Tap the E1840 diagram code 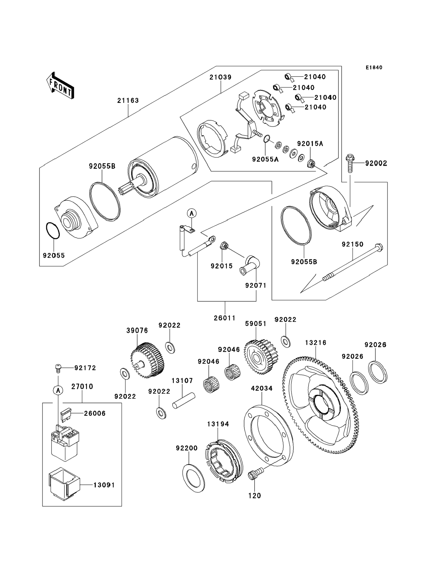374,68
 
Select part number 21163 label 128,100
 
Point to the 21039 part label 220,77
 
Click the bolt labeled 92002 350,163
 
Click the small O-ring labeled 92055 53,231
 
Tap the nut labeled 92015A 311,164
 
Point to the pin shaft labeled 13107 184,400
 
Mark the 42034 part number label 262,388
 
